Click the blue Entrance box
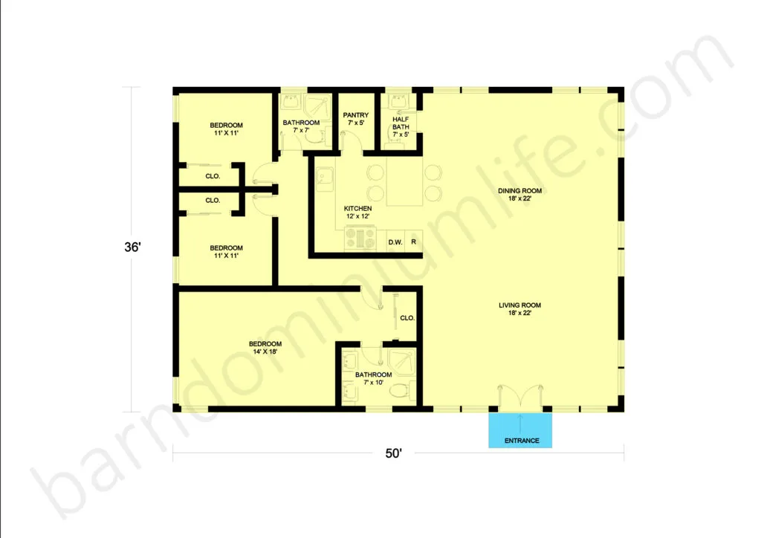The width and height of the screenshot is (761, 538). (519, 430)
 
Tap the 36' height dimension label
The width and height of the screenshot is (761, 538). (132, 247)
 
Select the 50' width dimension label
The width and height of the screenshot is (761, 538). (394, 453)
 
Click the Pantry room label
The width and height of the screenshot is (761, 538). (356, 119)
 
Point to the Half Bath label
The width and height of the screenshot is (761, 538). (401, 126)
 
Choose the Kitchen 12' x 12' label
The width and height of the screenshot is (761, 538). (358, 213)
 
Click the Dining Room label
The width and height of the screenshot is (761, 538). (519, 195)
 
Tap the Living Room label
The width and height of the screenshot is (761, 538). (519, 309)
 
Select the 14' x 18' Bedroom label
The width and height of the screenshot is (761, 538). (265, 348)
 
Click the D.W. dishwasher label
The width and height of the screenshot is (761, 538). (395, 242)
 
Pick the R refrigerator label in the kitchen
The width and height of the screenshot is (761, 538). (413, 242)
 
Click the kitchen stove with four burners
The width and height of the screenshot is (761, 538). (360, 239)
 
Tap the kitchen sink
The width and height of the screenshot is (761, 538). (325, 178)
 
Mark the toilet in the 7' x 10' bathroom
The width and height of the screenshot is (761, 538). (401, 391)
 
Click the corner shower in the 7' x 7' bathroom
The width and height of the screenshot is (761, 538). (318, 106)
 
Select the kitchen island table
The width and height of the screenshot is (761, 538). (405, 181)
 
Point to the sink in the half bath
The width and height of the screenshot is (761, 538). (398, 101)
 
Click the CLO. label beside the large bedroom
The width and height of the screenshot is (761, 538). (407, 318)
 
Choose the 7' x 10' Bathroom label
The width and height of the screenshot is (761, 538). (373, 378)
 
